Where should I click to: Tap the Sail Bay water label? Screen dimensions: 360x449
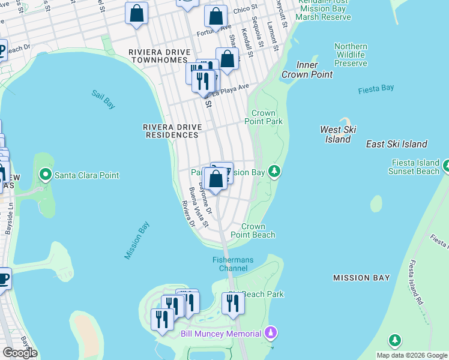coord(103,99)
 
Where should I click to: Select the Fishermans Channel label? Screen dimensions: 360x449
coord(233,263)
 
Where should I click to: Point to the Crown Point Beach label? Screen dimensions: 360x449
coord(258,230)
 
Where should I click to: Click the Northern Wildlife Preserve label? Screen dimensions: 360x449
coord(351,55)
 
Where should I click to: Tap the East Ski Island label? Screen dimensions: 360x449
coord(396,144)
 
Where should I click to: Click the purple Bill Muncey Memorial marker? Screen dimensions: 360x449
coord(271,332)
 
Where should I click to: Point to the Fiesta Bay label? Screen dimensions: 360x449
coord(376,89)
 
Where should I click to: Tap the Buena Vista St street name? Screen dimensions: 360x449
coord(199,208)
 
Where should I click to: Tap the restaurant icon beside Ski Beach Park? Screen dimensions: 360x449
coord(233,304)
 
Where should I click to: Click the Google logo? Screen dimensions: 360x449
coord(20,353)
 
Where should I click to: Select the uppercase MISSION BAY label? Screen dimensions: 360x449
coord(361,278)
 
